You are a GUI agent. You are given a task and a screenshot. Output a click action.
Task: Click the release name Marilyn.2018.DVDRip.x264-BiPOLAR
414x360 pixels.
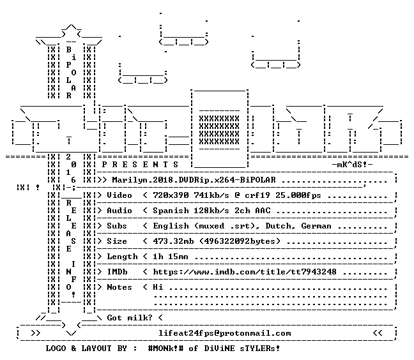[x=194, y=180]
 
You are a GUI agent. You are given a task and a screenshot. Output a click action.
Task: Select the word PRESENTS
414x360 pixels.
[x=140, y=165]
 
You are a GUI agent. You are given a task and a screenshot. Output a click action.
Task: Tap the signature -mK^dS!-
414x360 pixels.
[x=352, y=165]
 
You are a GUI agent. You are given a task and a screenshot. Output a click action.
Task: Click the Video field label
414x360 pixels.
[x=119, y=195]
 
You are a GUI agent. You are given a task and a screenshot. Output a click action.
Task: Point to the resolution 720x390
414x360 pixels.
[x=171, y=195]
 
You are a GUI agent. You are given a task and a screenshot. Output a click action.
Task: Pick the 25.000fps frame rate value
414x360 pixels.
[x=298, y=195]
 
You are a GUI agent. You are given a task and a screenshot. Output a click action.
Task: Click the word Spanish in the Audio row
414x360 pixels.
[x=171, y=211]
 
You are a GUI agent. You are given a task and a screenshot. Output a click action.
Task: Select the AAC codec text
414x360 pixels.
[x=263, y=211]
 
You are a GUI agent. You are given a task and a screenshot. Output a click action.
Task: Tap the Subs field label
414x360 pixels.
[x=117, y=226]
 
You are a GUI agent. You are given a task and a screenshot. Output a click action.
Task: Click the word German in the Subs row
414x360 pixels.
[x=316, y=226]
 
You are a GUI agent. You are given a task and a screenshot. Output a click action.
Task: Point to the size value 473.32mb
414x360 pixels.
[x=173, y=241]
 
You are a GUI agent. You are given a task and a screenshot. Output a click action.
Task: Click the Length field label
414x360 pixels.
[x=122, y=257]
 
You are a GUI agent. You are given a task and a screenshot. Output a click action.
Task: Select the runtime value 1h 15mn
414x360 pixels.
[x=171, y=257]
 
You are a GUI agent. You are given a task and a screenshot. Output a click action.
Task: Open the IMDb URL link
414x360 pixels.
[x=245, y=272]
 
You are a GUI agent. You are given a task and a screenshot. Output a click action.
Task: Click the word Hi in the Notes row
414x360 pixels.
[x=158, y=287]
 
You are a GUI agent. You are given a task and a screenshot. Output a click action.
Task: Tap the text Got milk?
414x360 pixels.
[x=130, y=317]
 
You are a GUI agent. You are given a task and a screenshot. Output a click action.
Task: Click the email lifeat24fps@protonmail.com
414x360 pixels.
[x=224, y=333]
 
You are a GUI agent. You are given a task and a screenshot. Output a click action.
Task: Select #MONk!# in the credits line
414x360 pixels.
[x=166, y=349]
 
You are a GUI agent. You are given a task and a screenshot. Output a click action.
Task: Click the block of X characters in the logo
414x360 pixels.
[x=219, y=130]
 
